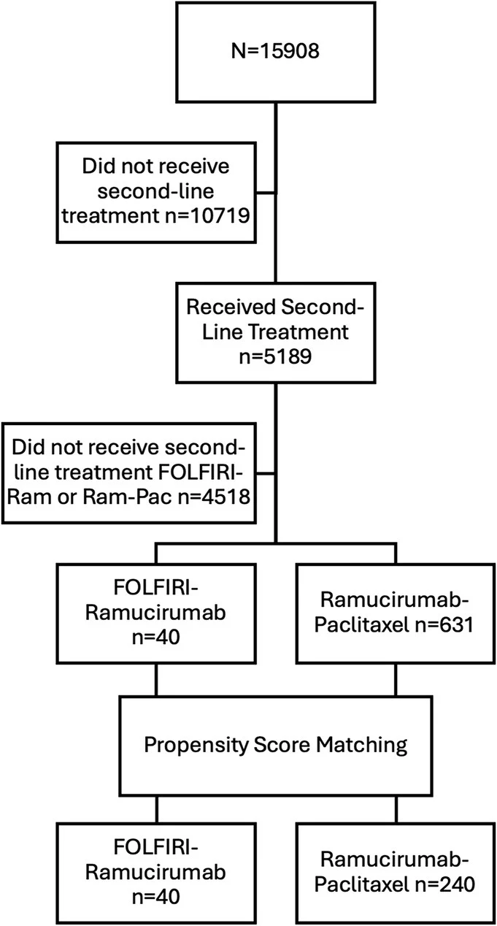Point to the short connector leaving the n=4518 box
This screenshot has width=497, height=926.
[x=266, y=481]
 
